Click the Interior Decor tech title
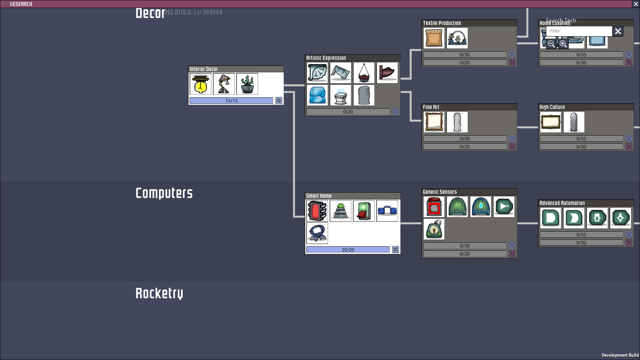[x=204, y=69]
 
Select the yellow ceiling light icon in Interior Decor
[x=200, y=84]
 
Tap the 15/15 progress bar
[x=231, y=101]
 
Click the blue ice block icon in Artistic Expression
[x=317, y=95]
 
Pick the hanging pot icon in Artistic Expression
[x=364, y=73]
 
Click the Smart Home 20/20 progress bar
[x=348, y=250]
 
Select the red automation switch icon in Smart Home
[x=364, y=211]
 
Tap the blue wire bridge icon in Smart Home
[x=387, y=211]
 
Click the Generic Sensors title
[x=440, y=192]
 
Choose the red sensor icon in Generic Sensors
[x=434, y=207]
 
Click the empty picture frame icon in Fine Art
[x=434, y=122]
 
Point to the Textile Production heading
[x=442, y=23]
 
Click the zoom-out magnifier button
[x=551, y=44]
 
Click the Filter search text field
[x=579, y=31]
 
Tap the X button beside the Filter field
[x=618, y=31]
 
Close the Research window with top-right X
[x=636, y=4]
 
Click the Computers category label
[x=164, y=193]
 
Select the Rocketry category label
[x=159, y=293]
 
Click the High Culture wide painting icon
[x=550, y=122]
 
